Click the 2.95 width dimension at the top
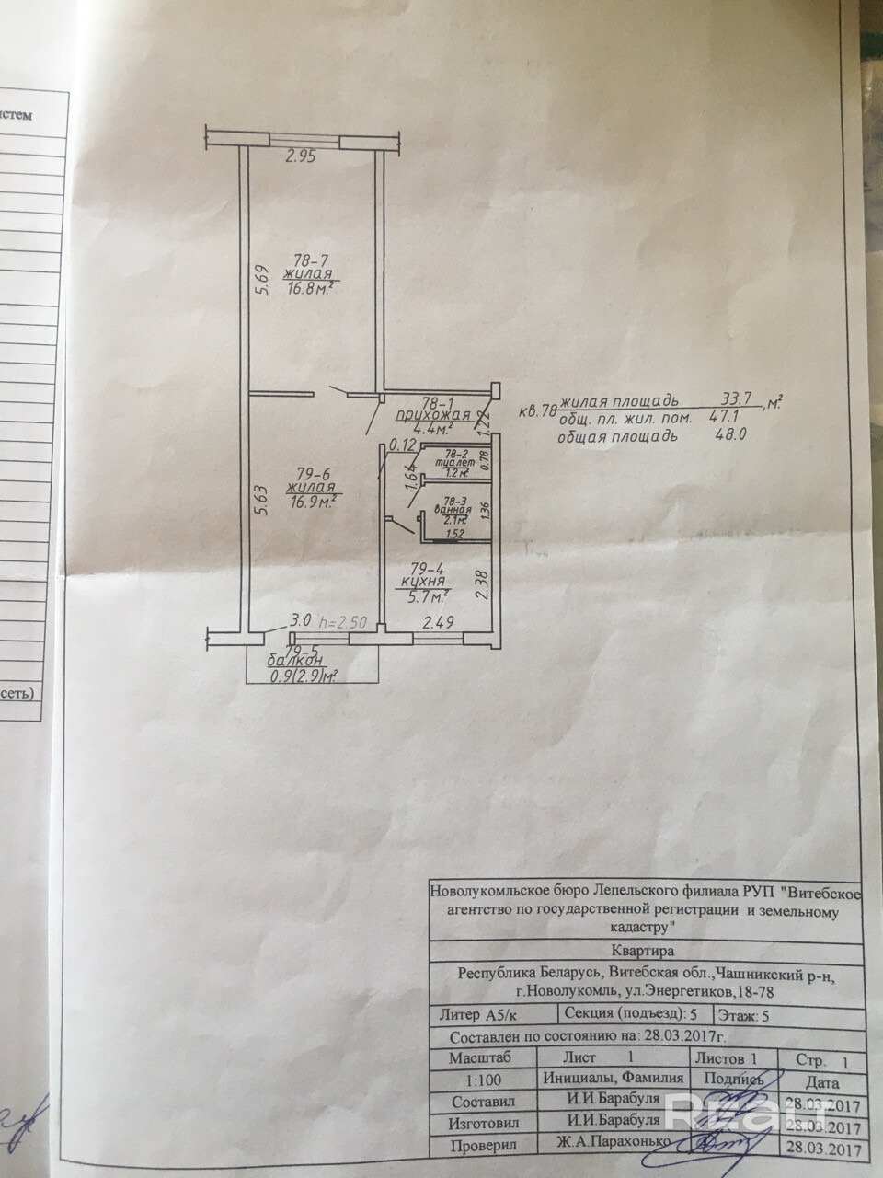pos(300,156)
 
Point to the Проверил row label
pos(483,1147)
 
